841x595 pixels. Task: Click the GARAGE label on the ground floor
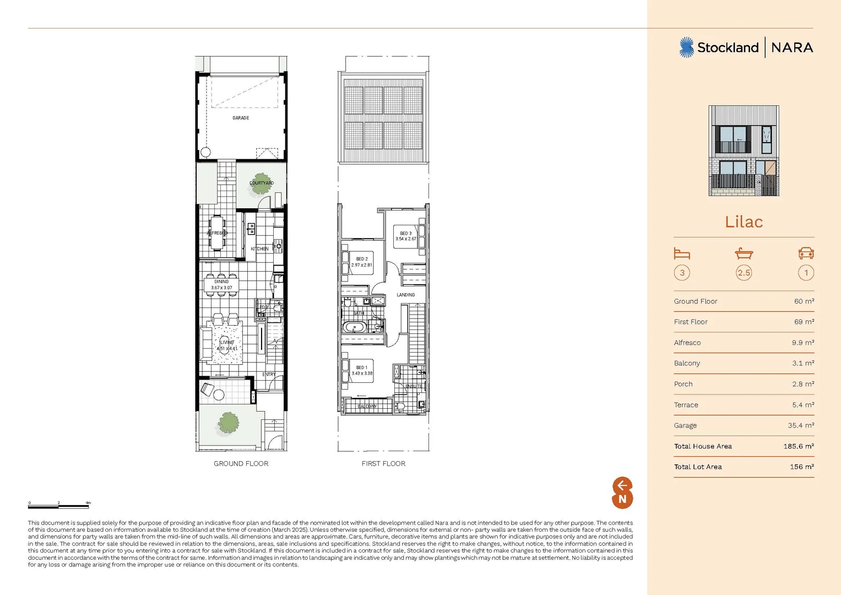pyautogui.click(x=241, y=118)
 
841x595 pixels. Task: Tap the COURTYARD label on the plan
pyautogui.click(x=262, y=183)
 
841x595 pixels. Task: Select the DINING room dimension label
pyautogui.click(x=221, y=285)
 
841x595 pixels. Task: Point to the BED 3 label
pyautogui.click(x=406, y=236)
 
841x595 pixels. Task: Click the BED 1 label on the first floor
pyautogui.click(x=362, y=370)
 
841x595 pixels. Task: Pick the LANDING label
pyautogui.click(x=406, y=295)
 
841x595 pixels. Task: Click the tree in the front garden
pyautogui.click(x=229, y=423)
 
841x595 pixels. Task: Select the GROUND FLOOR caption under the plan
pyautogui.click(x=241, y=464)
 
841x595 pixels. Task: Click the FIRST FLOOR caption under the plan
pyautogui.click(x=383, y=464)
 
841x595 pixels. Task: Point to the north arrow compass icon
pyautogui.click(x=622, y=493)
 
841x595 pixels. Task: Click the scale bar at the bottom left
pyautogui.click(x=59, y=506)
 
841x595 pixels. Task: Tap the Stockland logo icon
pyautogui.click(x=686, y=47)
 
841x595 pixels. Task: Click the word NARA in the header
pyautogui.click(x=792, y=48)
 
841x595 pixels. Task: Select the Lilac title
pyautogui.click(x=744, y=222)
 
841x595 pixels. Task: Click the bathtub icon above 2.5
pyautogui.click(x=744, y=253)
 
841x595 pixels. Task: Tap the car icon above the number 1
pyautogui.click(x=806, y=253)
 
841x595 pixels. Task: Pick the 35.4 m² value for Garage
pyautogui.click(x=801, y=425)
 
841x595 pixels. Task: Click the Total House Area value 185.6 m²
pyautogui.click(x=798, y=446)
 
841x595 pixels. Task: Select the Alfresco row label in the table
pyautogui.click(x=687, y=343)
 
